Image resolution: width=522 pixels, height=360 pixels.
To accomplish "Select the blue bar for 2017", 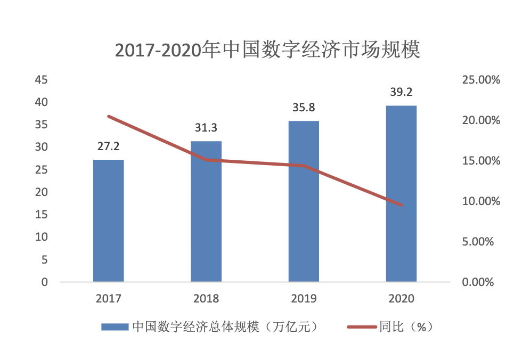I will coord(109,220).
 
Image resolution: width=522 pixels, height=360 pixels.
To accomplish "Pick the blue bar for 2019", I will coord(304,201).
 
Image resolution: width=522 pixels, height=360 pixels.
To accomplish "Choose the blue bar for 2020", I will coord(401,193).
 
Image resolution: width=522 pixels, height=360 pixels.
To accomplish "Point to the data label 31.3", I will coord(206,128).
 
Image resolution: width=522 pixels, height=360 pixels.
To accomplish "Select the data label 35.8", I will coord(304,108).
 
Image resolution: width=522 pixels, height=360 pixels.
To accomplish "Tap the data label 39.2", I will coord(401,92).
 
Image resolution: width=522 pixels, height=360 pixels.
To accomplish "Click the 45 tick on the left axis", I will coord(42,80).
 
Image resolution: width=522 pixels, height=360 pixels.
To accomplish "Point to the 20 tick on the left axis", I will coord(42,192).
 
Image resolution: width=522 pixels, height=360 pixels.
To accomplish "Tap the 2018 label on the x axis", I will coord(206,298).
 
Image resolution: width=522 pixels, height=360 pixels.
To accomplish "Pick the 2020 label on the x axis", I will coord(401,298).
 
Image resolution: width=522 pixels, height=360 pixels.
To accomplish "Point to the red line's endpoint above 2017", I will coord(109,116).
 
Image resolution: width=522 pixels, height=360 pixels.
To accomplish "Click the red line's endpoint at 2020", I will coord(401,205).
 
